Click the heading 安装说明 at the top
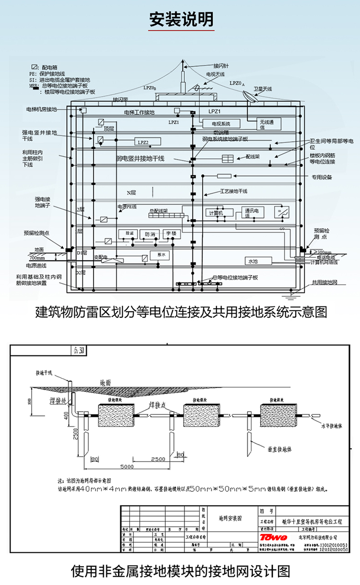180,19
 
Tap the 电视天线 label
215,74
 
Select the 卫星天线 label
263,89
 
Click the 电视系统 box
221,124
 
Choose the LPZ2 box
143,142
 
